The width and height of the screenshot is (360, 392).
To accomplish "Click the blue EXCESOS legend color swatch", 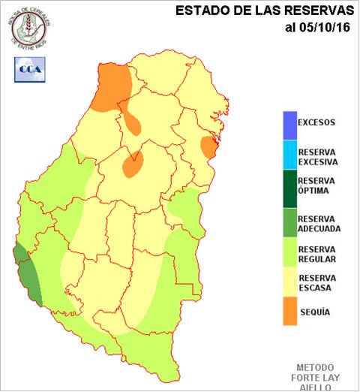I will [289, 122].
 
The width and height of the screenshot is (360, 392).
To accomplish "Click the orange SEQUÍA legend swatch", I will [289, 312].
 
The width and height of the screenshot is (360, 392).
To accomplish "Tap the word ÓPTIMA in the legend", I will [315, 191].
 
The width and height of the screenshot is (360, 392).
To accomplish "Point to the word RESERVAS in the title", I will [314, 11].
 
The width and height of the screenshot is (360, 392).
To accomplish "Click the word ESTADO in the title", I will [201, 11].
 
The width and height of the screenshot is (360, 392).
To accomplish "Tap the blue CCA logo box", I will [30, 69].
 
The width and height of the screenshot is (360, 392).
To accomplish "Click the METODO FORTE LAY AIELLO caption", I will [318, 375].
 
